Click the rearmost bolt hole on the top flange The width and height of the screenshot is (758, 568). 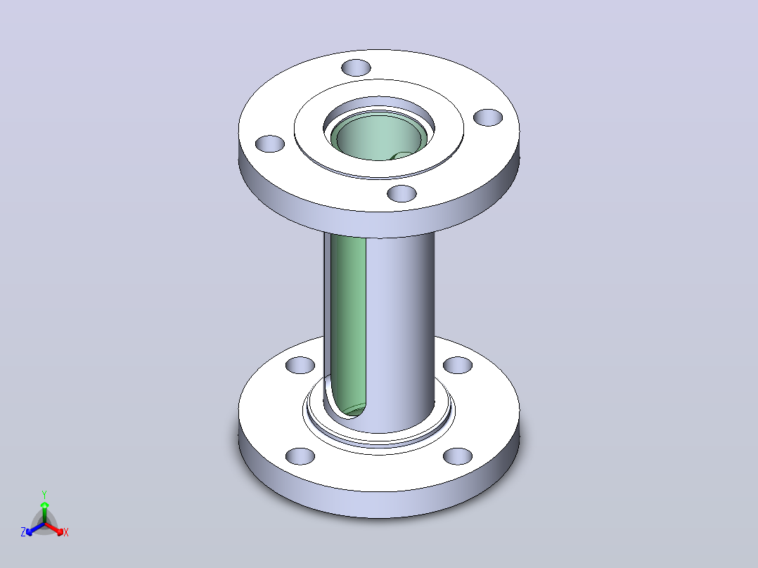point(356,67)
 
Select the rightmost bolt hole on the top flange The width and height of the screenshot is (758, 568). point(488,117)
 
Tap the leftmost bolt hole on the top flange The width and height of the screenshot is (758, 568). point(270,143)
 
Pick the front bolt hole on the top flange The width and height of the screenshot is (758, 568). point(402,193)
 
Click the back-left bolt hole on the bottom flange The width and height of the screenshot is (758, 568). point(300,365)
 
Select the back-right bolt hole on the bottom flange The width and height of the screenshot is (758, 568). point(457,365)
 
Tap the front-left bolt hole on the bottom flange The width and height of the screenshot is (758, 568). point(300,456)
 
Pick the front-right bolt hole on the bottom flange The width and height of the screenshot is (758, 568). point(457,456)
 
